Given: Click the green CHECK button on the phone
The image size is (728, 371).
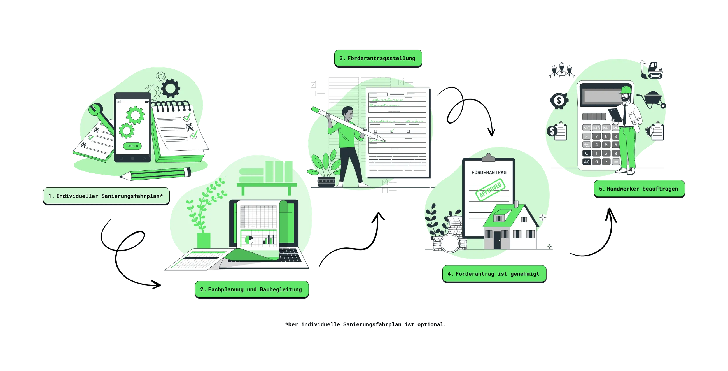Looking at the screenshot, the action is pyautogui.click(x=132, y=146).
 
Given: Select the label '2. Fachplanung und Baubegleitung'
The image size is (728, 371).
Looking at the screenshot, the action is pyautogui.click(x=251, y=289).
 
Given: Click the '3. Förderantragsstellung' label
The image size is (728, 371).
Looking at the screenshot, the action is pyautogui.click(x=377, y=58).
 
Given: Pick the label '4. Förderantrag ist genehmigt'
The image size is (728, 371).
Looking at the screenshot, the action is pyautogui.click(x=494, y=274).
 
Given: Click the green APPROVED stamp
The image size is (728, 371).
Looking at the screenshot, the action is pyautogui.click(x=490, y=189).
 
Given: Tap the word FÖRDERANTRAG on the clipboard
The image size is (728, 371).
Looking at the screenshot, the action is pyautogui.click(x=489, y=173).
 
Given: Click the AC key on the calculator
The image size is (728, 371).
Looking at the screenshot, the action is pyautogui.click(x=587, y=162).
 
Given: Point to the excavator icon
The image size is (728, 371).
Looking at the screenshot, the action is pyautogui.click(x=651, y=69).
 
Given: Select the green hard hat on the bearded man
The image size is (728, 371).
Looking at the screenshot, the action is pyautogui.click(x=626, y=90).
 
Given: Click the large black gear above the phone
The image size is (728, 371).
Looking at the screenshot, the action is pyautogui.click(x=171, y=88).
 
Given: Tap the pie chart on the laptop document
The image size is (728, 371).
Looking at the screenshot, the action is pyautogui.click(x=249, y=240).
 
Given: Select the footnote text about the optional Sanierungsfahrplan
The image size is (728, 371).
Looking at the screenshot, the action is pyautogui.click(x=366, y=324).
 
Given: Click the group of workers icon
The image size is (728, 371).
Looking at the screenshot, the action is pyautogui.click(x=561, y=70).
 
